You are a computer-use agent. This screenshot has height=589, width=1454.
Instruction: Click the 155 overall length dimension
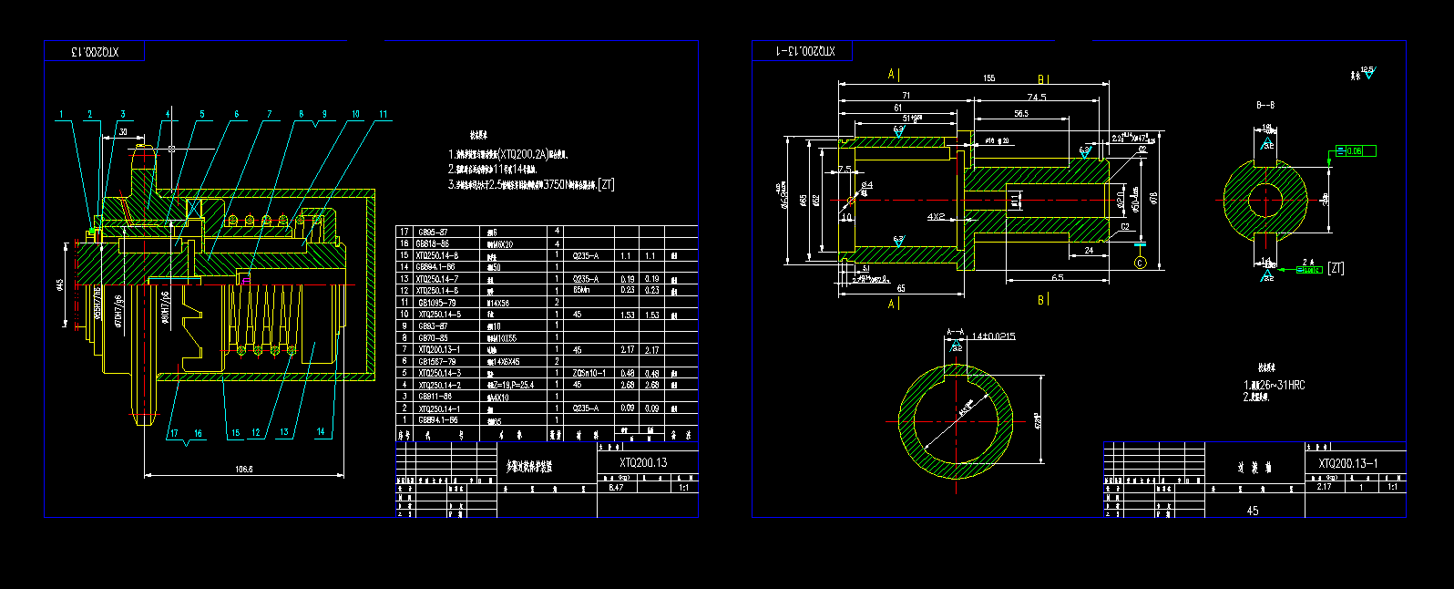click(x=989, y=79)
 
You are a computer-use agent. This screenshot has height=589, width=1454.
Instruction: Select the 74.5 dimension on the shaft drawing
click(x=1036, y=97)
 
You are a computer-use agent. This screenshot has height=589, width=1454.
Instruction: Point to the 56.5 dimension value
click(x=1020, y=114)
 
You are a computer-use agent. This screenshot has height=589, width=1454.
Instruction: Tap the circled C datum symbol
click(x=1140, y=263)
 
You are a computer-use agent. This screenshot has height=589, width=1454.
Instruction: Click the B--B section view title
click(x=1265, y=106)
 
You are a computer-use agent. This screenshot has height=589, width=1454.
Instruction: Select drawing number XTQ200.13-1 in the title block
click(x=1348, y=464)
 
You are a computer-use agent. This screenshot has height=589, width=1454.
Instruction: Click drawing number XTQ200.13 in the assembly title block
click(x=643, y=463)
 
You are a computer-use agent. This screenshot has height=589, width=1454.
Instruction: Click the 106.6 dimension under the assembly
click(x=243, y=470)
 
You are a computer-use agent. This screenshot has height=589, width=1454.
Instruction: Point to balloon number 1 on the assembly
click(x=61, y=115)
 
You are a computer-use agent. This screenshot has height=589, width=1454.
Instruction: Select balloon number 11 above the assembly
click(x=384, y=115)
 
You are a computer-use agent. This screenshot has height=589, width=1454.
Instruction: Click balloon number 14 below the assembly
click(x=321, y=432)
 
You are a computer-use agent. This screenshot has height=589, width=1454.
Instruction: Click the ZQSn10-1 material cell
click(x=589, y=373)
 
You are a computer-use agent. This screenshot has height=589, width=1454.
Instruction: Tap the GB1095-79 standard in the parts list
click(x=436, y=302)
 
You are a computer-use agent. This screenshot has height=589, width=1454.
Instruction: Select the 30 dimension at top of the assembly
click(x=122, y=132)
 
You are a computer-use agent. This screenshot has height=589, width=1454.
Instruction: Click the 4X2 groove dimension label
click(x=937, y=217)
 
